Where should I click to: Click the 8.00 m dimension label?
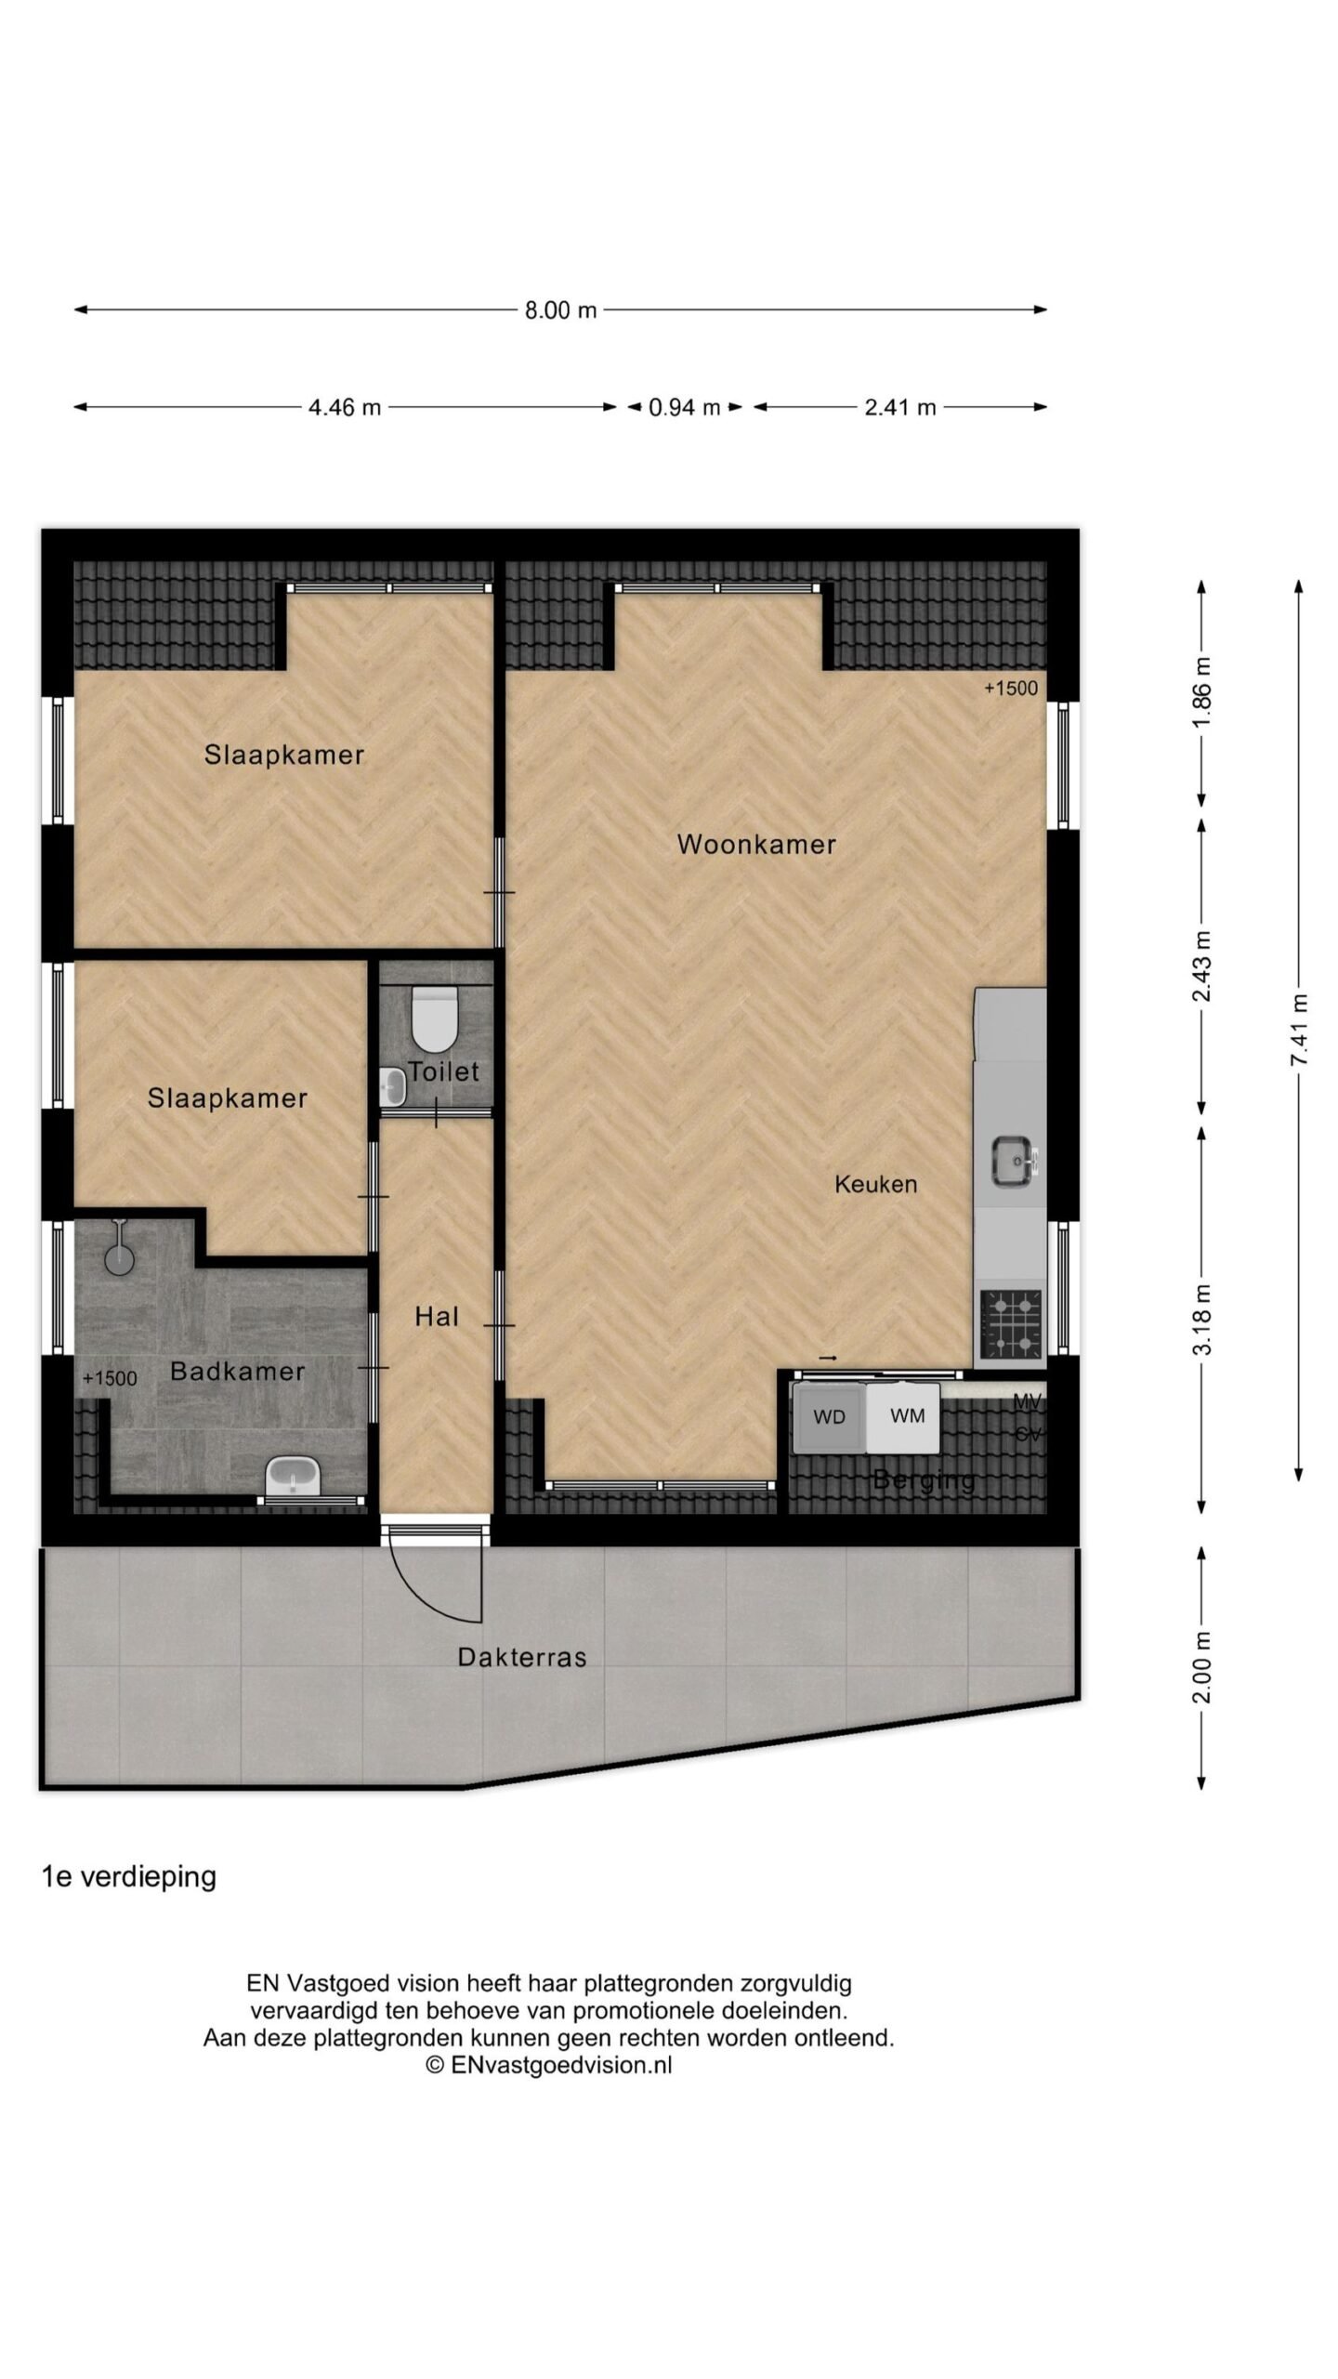tap(560, 310)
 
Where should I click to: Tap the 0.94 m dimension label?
tap(685, 407)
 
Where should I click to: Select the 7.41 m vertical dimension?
tap(1299, 1030)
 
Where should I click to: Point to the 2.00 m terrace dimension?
tap(1202, 1667)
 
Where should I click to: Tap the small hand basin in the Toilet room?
tap(394, 1086)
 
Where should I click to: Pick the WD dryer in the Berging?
tap(829, 1417)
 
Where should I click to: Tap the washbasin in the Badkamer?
tap(293, 1476)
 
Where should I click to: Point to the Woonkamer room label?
tap(756, 845)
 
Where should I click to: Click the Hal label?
tap(437, 1317)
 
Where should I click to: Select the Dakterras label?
tap(522, 1657)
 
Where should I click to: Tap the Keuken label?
tap(875, 1184)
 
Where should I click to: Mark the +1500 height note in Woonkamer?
tap(1011, 689)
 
